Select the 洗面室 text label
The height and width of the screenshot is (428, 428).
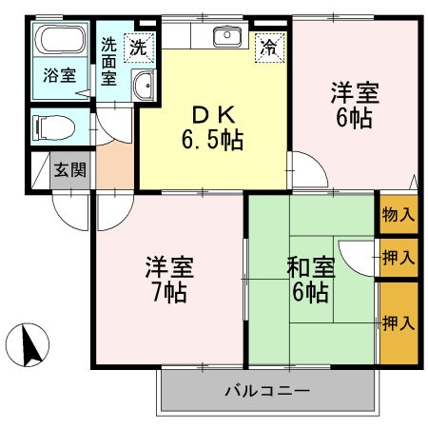tap(110, 61)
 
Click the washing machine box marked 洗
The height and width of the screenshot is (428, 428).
tap(139, 44)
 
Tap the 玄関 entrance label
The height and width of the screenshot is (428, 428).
tap(68, 171)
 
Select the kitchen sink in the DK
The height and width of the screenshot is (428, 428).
tap(227, 38)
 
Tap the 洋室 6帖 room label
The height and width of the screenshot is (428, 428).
tap(354, 106)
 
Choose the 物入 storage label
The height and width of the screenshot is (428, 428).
tap(398, 215)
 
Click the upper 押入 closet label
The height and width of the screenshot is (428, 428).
tap(398, 257)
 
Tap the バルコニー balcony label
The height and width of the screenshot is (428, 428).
tap(267, 391)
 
